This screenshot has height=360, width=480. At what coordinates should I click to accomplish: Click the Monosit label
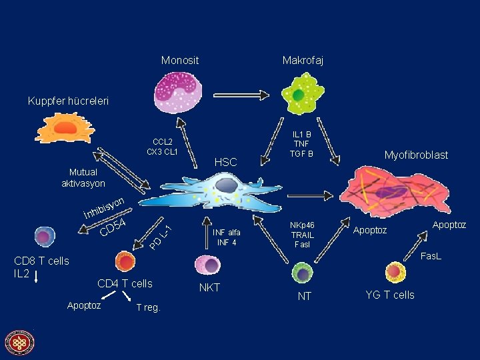click(180, 61)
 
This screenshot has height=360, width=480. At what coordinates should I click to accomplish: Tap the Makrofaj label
click(303, 61)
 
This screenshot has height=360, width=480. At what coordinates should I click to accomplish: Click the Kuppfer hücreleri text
click(68, 101)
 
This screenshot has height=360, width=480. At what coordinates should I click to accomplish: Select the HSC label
click(226, 162)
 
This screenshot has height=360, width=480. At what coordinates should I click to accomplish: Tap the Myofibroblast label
click(416, 155)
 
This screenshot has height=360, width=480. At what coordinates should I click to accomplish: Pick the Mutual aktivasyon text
click(83, 177)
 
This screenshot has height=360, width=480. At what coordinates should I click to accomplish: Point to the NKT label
click(211, 288)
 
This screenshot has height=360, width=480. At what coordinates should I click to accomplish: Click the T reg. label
click(148, 307)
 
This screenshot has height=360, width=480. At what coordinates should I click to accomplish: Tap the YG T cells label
click(390, 295)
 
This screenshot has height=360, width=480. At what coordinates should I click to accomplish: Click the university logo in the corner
click(19, 343)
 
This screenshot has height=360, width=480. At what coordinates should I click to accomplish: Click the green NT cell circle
click(303, 272)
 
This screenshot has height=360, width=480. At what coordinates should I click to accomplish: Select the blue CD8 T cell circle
click(45, 237)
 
